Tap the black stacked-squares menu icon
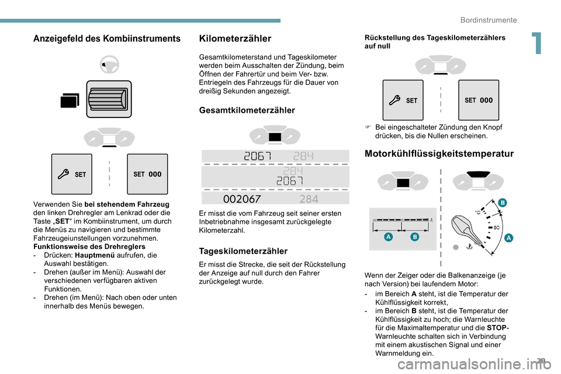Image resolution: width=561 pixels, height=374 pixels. (x=69, y=101)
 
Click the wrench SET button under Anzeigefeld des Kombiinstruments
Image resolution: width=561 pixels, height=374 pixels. (x=71, y=174)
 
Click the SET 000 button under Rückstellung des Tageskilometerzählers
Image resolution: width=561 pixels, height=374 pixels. (x=479, y=100)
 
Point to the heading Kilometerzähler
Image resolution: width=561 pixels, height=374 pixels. (x=235, y=39)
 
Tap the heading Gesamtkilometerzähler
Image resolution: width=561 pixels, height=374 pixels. (x=247, y=110)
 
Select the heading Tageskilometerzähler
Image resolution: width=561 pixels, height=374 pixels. (x=243, y=251)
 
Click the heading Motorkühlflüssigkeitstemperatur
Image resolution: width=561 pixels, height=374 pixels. (x=439, y=154)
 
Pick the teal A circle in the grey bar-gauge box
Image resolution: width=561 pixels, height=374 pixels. (x=387, y=237)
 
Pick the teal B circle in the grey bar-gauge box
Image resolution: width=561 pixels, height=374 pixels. (x=414, y=237)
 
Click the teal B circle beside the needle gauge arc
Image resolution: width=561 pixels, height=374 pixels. (x=502, y=202)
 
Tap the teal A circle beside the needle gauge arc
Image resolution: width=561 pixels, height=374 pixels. (x=508, y=238)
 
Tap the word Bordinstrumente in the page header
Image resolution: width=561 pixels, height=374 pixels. (x=489, y=20)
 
